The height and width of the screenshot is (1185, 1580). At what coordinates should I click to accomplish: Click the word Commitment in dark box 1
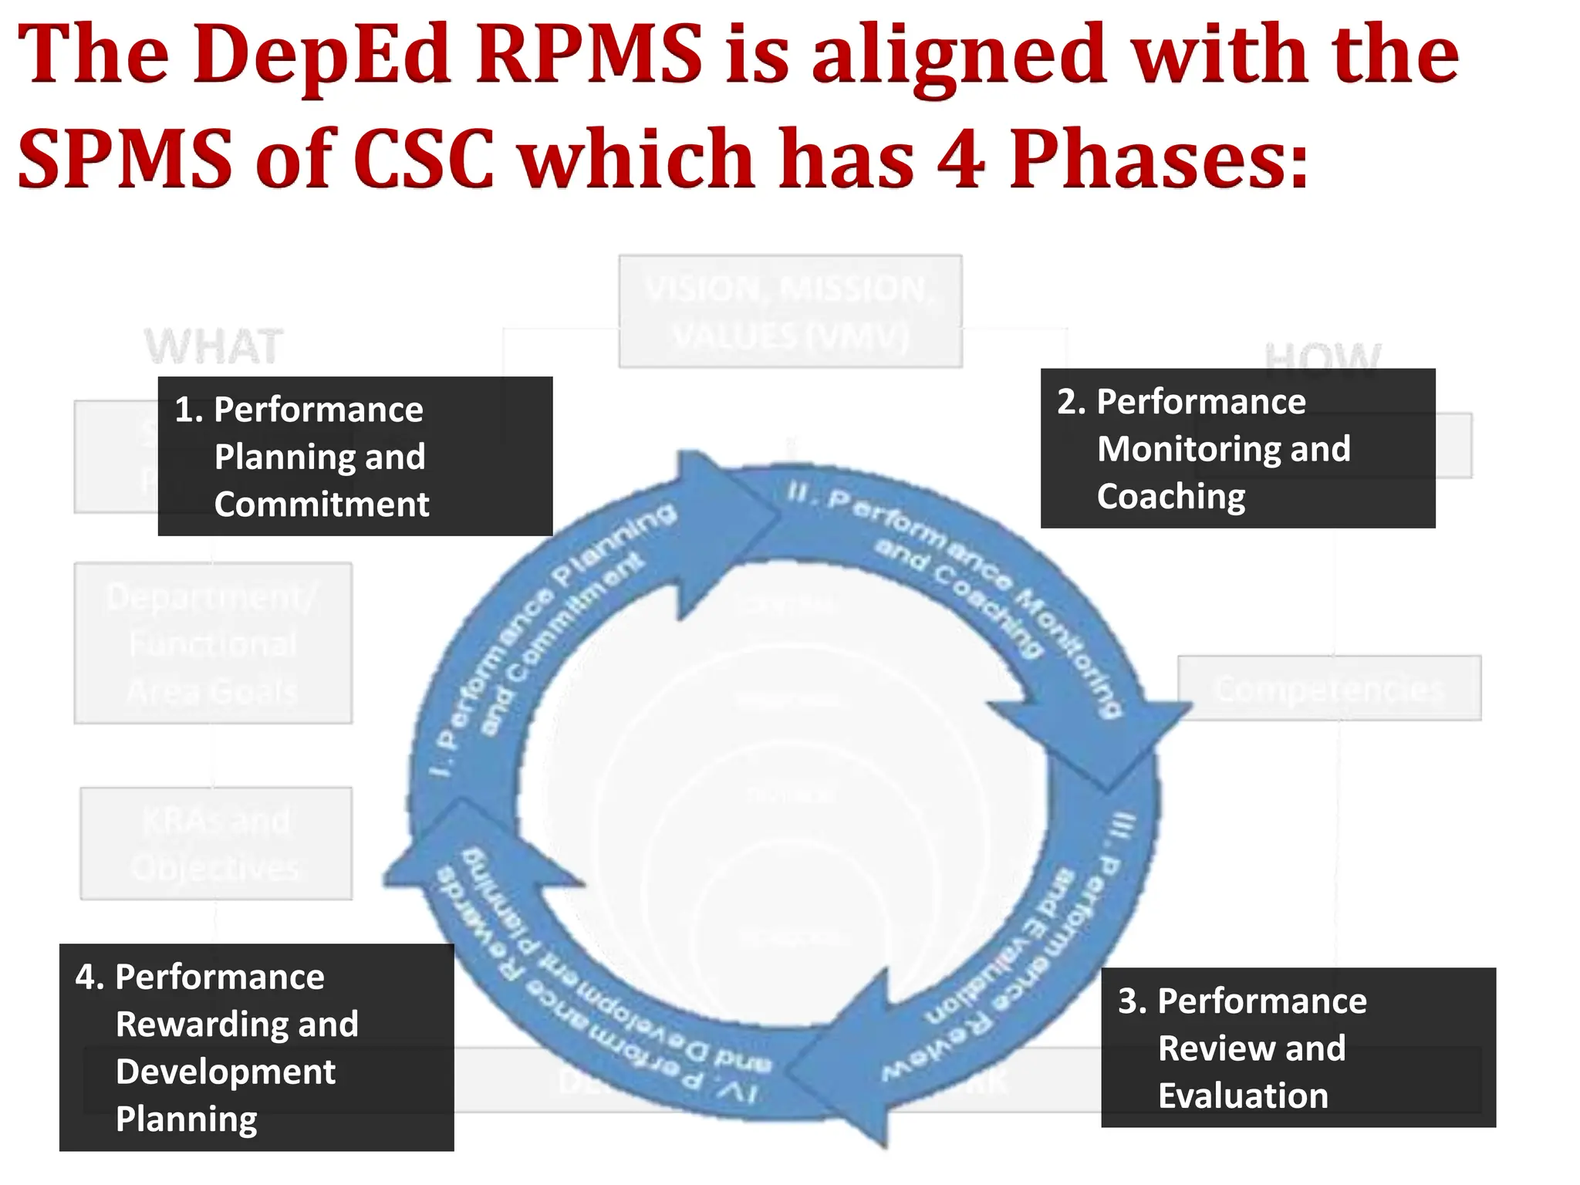point(321,505)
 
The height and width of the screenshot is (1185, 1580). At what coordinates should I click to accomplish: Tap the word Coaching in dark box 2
point(1171,496)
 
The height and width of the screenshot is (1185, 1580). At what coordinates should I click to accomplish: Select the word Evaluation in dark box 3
point(1243,1096)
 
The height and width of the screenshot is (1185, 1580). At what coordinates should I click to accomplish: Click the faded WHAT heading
point(214,346)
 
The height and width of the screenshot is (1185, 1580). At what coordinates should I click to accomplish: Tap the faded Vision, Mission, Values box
point(790,312)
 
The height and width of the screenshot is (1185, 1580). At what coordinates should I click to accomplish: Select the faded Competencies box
point(1328,688)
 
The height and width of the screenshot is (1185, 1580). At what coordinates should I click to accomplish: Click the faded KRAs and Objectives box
point(216,843)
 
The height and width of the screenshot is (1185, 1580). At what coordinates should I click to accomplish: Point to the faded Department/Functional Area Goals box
point(213,643)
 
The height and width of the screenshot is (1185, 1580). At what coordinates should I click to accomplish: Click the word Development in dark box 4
point(225,1072)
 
